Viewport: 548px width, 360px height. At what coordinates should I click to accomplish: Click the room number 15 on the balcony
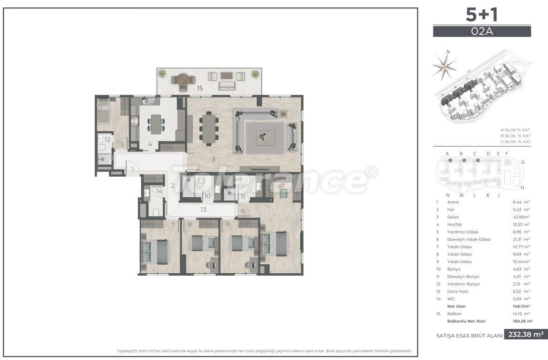(x=199, y=88)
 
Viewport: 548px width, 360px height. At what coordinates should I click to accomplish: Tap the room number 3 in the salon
(x=213, y=159)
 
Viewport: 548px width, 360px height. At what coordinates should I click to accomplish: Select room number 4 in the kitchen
(x=150, y=144)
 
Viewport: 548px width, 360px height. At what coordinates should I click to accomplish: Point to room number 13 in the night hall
(x=203, y=210)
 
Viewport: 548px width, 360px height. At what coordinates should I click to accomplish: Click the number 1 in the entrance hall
(x=133, y=169)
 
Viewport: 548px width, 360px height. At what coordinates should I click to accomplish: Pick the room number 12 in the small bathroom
(x=107, y=139)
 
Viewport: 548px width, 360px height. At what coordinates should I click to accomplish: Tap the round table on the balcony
(x=182, y=80)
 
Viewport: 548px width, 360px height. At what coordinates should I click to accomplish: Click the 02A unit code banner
(x=482, y=31)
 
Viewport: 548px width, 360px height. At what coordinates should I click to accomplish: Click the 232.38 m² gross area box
(x=525, y=334)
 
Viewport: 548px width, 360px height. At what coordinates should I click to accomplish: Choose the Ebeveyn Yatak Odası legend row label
(x=469, y=240)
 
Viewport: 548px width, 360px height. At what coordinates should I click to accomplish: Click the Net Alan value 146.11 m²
(x=521, y=306)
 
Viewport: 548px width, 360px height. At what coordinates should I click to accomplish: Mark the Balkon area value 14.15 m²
(x=521, y=314)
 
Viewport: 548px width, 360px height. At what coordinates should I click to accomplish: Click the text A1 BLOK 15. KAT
(x=516, y=130)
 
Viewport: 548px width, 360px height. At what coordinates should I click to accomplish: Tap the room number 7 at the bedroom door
(x=173, y=225)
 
